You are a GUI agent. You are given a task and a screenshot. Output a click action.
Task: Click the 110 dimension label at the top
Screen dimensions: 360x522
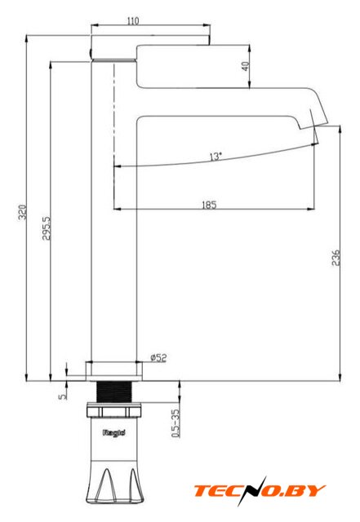coord(133,21)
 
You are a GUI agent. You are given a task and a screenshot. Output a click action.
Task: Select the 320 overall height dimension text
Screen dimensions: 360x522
coord(22,212)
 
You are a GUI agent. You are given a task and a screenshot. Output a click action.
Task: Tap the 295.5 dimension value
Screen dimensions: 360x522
coord(47,228)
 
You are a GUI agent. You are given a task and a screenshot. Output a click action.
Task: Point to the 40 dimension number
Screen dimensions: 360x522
coord(246,66)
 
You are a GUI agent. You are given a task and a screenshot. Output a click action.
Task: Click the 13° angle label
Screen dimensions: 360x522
coord(216,156)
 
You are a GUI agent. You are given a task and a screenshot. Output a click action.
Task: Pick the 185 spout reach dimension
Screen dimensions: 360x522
coord(209,205)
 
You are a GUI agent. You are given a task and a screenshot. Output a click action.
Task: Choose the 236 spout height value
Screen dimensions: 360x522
coord(336,258)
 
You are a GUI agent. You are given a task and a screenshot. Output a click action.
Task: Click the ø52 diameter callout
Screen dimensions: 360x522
coord(158,358)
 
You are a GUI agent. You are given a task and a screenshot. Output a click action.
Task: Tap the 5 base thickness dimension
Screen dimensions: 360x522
coord(62,396)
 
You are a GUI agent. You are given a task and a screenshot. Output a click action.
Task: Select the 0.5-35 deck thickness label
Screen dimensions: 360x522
coord(175,423)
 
